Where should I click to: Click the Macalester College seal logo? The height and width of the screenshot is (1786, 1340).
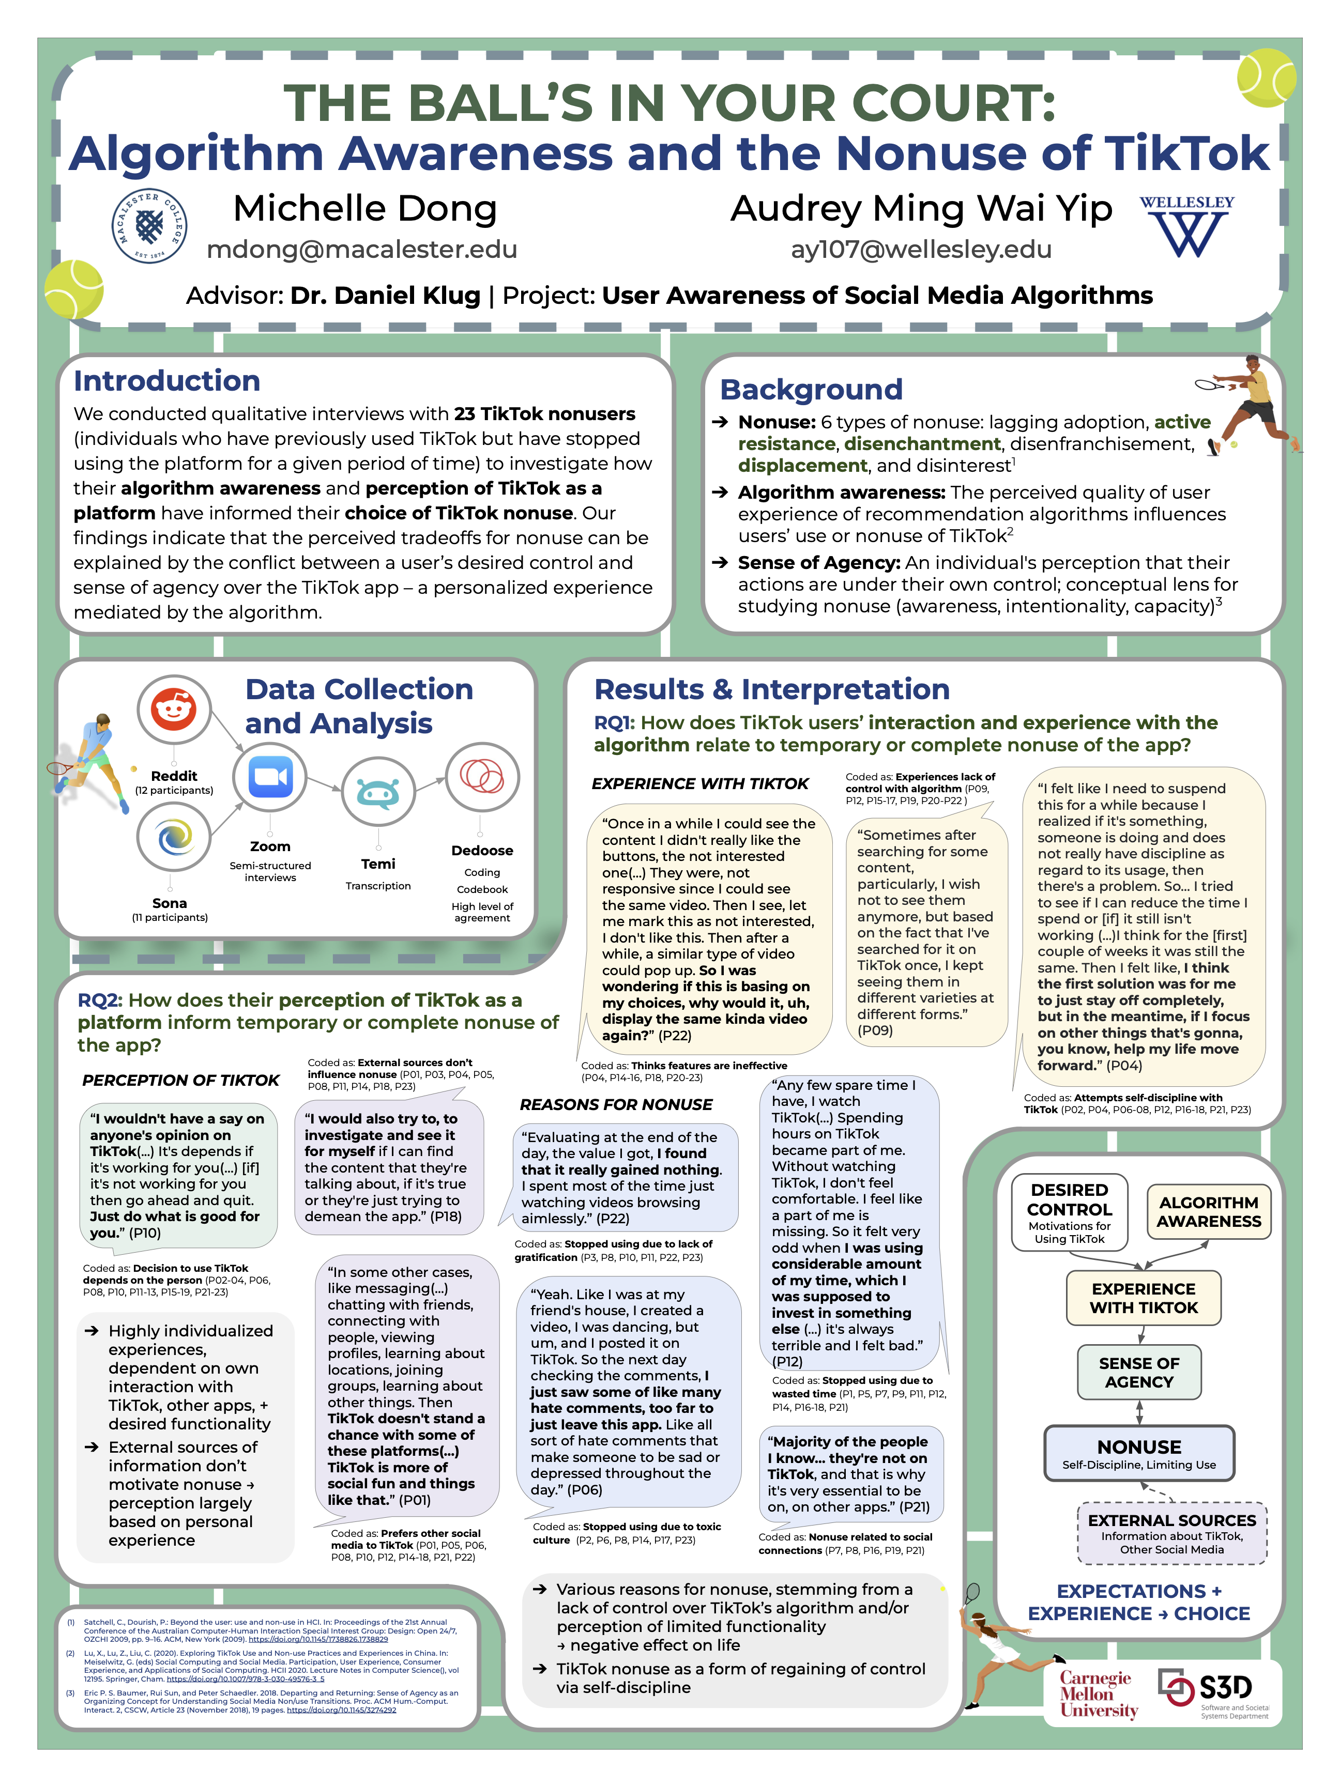click(149, 226)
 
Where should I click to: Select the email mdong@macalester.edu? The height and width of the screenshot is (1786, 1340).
click(362, 250)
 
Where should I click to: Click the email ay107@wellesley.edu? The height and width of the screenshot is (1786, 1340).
click(921, 250)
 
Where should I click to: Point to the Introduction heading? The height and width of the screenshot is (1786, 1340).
click(167, 381)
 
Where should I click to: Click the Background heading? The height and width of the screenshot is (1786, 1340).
click(811, 389)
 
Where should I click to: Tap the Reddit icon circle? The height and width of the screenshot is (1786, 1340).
click(174, 711)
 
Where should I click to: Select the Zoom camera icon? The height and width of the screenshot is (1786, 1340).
click(270, 778)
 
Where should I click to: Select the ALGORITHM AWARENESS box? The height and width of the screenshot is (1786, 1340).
click(1208, 1212)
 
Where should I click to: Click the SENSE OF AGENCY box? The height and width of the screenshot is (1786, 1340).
click(1139, 1373)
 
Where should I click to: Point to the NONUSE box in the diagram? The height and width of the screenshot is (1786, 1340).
click(1139, 1453)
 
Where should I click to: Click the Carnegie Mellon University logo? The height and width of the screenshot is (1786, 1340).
click(1099, 1694)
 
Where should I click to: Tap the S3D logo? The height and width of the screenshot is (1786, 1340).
click(1212, 1691)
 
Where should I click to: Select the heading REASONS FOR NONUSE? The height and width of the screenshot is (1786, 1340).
click(616, 1104)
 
